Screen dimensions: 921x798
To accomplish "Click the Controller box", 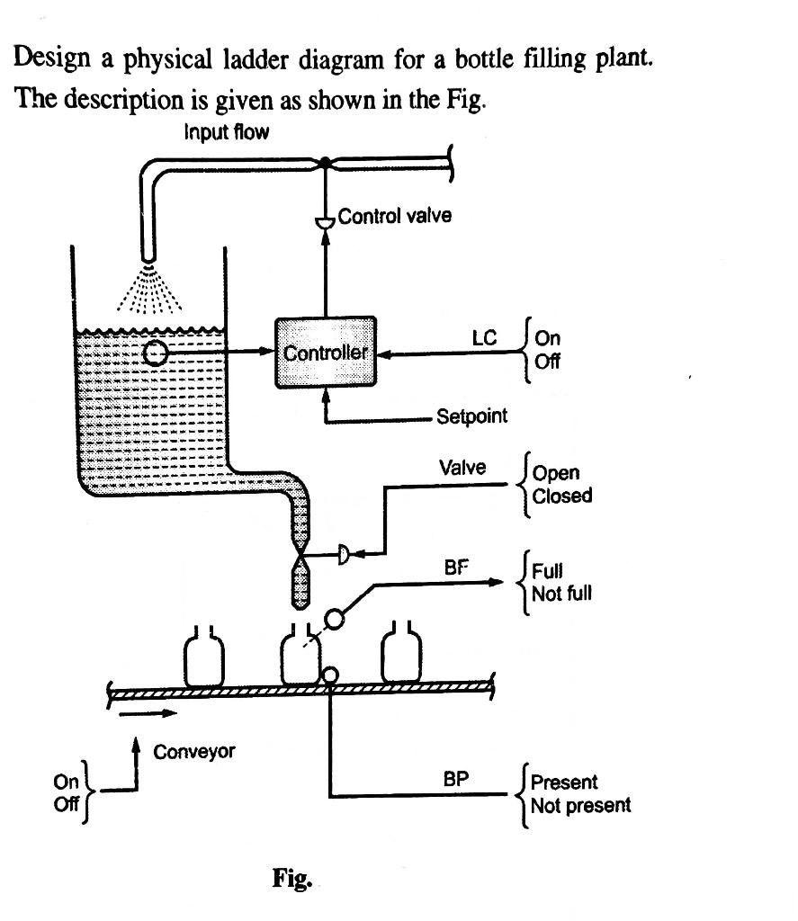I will pos(325,352).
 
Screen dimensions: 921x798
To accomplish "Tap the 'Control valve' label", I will pos(394,216).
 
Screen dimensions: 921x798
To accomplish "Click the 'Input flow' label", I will pos(227,133).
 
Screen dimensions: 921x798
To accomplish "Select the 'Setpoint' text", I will pos(471,416).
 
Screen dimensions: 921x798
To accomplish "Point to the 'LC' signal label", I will pos(484,339).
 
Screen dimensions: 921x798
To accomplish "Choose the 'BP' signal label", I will pos(456,779).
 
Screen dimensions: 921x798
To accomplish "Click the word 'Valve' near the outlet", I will pos(462,468).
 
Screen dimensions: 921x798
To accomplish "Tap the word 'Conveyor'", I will pos(194,751).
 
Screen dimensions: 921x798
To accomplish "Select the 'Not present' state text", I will pos(580,805).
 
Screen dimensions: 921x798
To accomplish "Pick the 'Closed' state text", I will pos(562,496).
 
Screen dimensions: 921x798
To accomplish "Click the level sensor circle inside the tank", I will pos(156,353).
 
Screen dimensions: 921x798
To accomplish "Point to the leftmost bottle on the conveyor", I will pos(203,658).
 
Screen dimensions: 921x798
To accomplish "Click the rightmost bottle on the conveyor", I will pos(401,657).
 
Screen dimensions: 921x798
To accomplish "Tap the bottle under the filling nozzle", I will pos(300,658).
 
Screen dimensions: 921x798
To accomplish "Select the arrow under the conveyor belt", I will pos(142,714).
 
